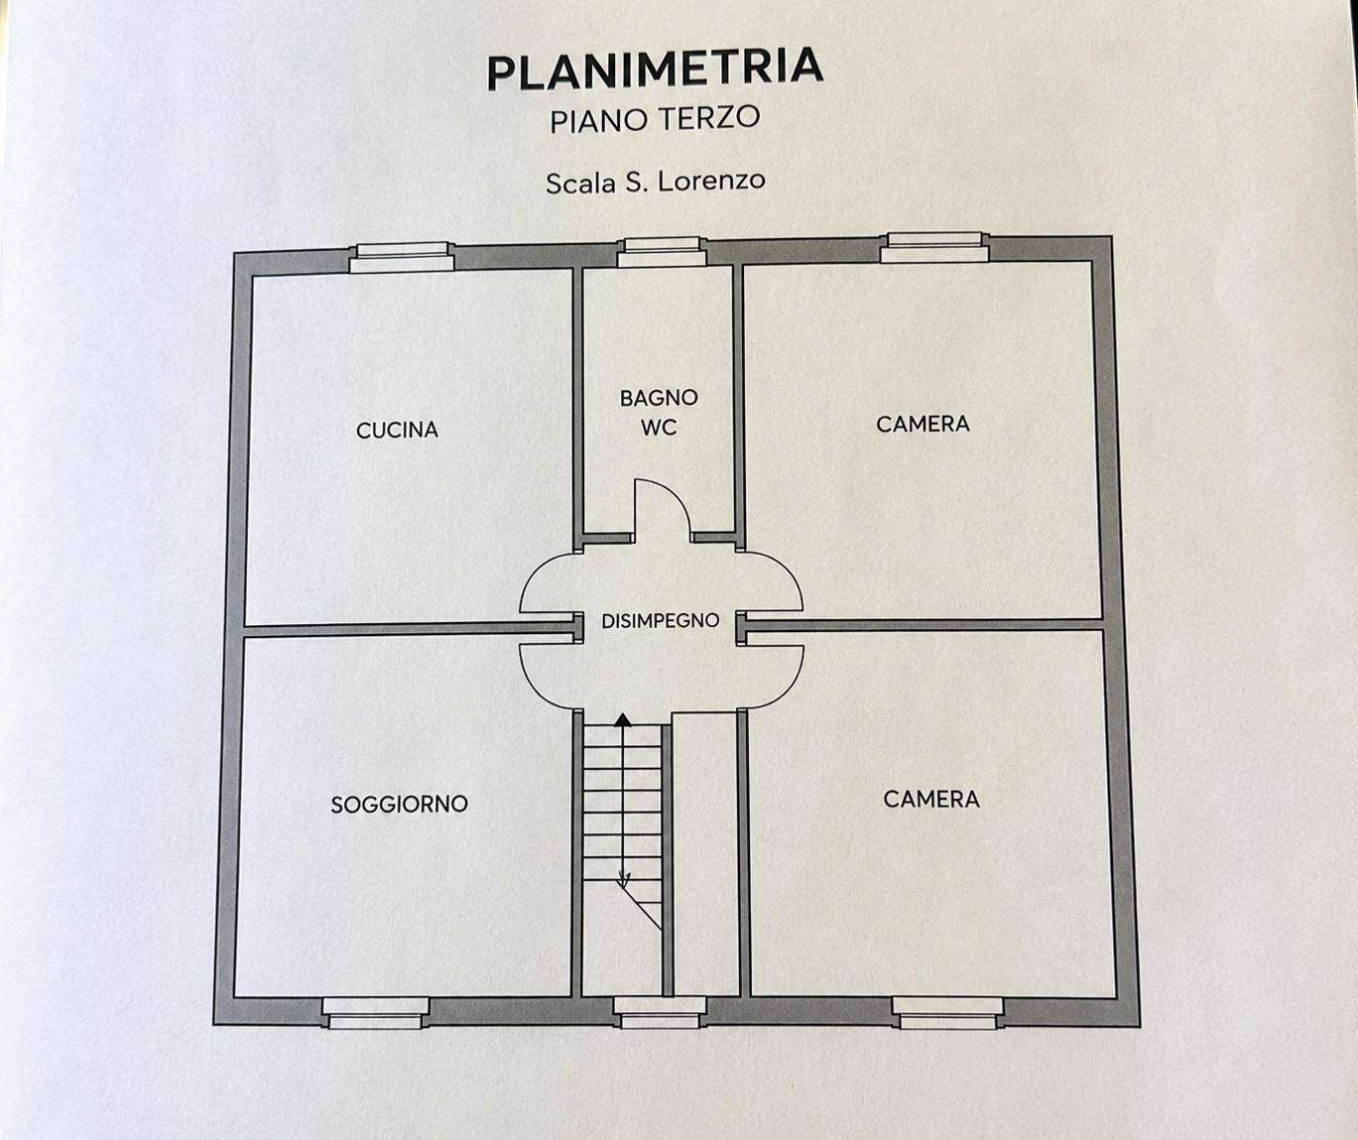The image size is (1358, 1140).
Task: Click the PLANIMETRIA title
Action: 655,69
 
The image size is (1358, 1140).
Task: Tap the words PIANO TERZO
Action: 655,119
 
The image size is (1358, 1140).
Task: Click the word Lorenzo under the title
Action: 711,182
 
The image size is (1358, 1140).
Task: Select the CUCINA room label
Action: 398,430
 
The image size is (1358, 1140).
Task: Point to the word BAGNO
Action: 659,398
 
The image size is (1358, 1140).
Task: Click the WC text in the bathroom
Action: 659,428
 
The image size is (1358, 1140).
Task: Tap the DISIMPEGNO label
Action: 660,621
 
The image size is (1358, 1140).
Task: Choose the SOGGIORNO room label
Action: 400,805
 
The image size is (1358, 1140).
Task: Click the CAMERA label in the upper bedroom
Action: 923,425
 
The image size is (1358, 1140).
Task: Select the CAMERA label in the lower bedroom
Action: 931,799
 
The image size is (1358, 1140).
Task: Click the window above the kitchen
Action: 402,258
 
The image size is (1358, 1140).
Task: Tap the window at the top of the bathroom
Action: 662,252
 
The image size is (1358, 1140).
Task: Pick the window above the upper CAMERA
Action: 934,248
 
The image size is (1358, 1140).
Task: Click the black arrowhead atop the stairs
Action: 623,719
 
